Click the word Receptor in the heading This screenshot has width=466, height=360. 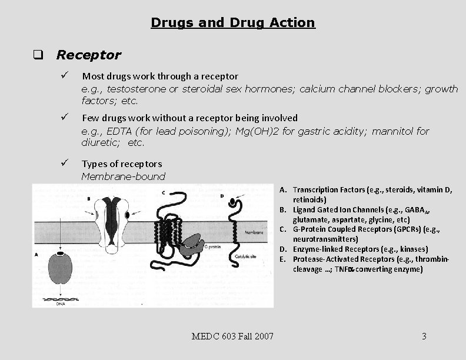(88, 55)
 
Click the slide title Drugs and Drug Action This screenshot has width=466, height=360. (233, 22)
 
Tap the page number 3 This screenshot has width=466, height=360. (424, 336)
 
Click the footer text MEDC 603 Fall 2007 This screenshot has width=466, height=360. (232, 336)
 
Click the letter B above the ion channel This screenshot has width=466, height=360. (88, 199)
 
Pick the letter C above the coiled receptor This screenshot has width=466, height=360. (163, 192)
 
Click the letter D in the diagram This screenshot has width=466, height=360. (222, 195)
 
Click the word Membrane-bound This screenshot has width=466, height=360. (124, 176)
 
